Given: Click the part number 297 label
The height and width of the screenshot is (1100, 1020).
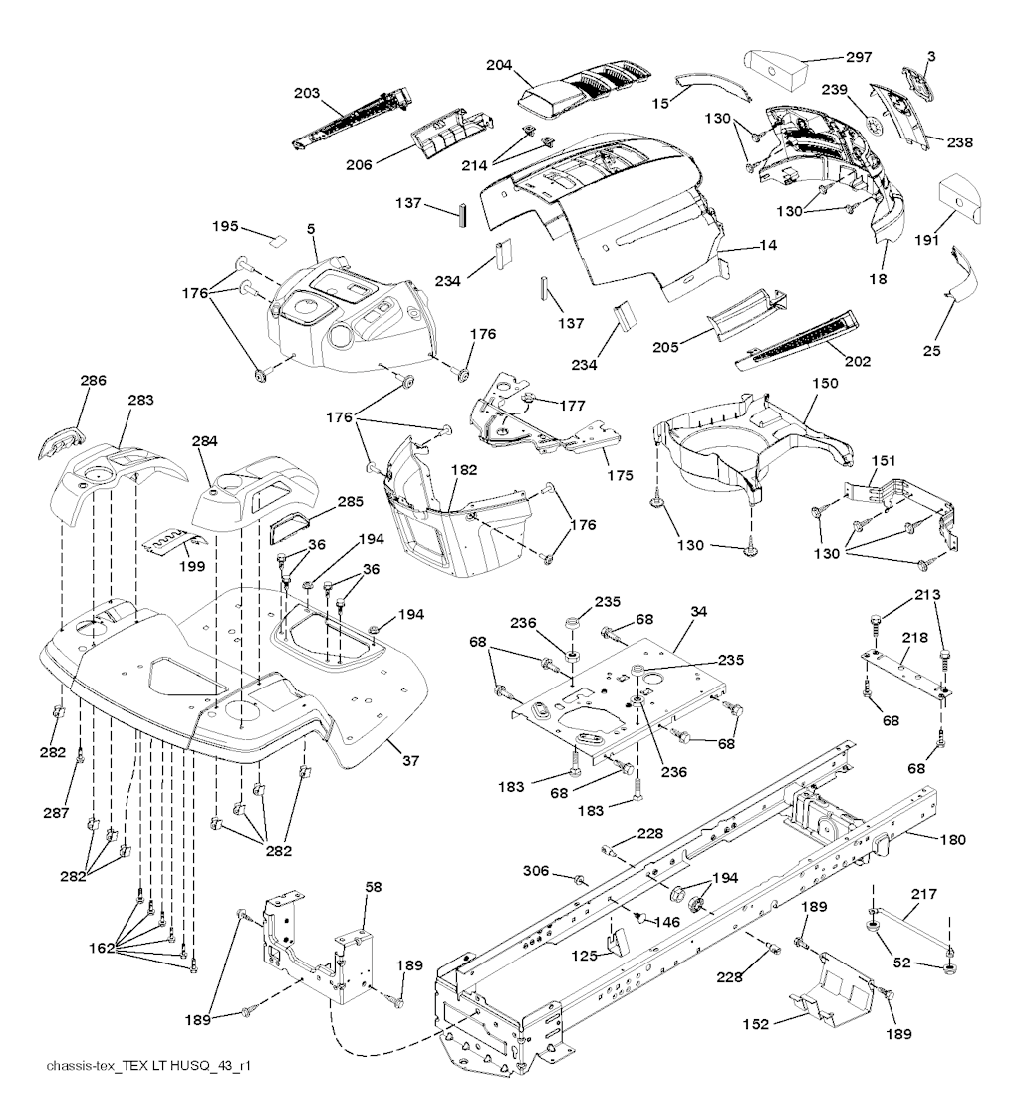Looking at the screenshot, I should coord(860,56).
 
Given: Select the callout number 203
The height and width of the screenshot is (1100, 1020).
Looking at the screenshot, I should coord(307,93).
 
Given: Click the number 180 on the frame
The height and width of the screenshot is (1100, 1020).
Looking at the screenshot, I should coord(952,839).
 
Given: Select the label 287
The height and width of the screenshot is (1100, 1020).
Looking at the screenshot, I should coord(57,813).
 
